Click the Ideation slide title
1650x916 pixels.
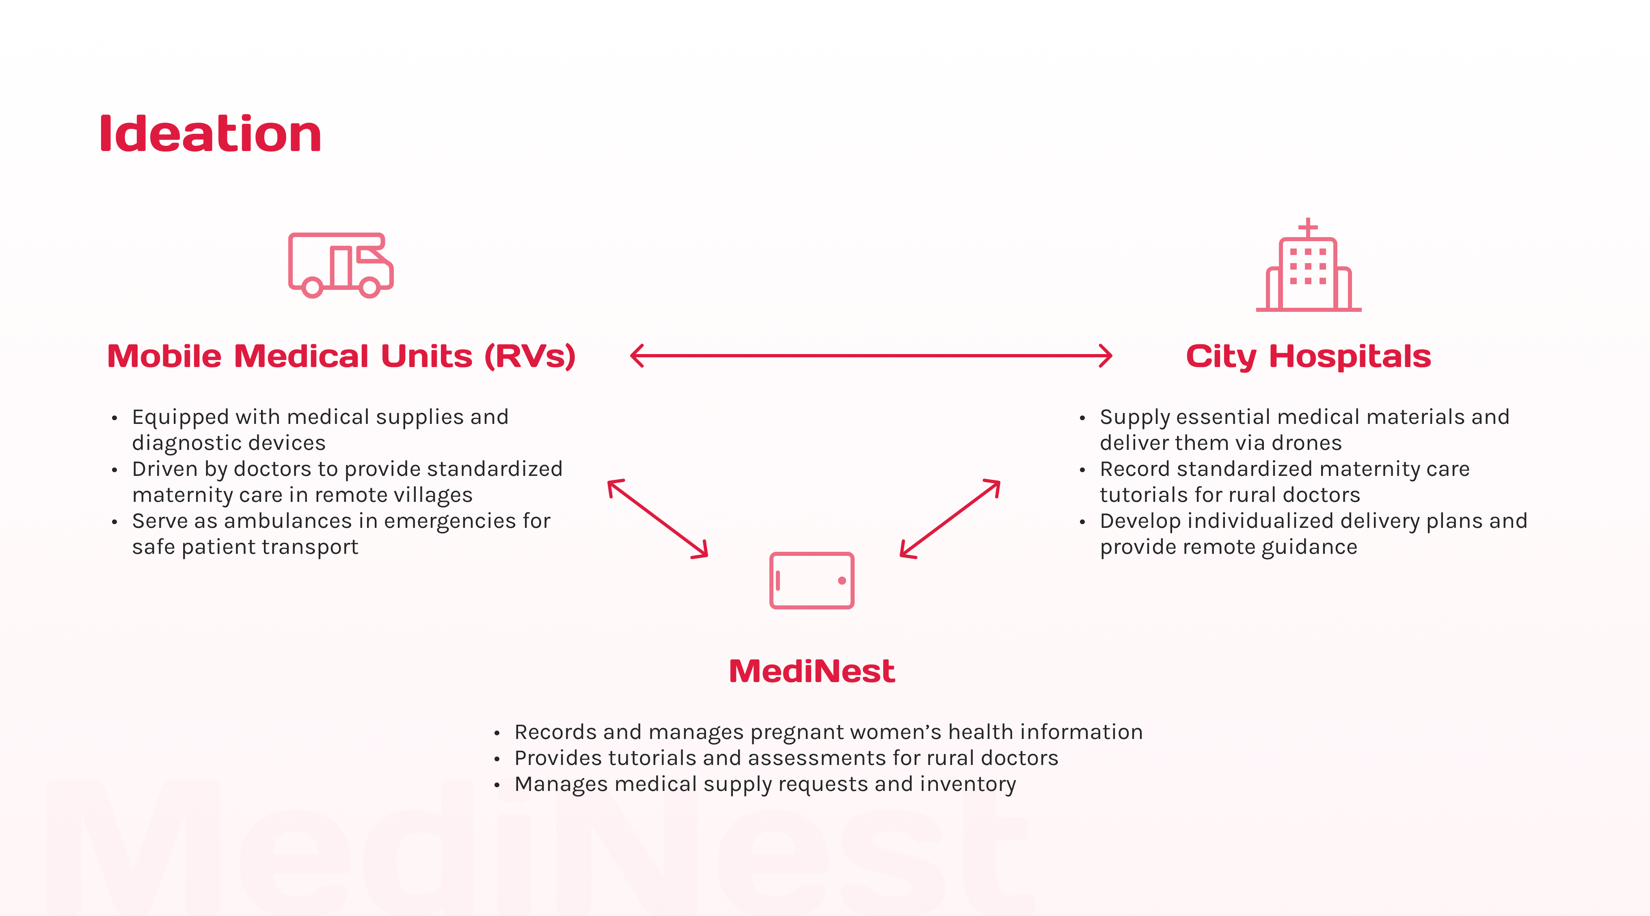pos(210,134)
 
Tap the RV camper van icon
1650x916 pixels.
pos(340,265)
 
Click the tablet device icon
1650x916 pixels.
pos(812,580)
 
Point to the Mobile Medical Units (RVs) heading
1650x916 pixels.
pos(341,356)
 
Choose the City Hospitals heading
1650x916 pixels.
pos(1308,356)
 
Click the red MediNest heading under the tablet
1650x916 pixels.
pos(812,671)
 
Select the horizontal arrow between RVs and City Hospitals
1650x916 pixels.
pos(871,356)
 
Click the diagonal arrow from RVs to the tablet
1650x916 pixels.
pos(658,519)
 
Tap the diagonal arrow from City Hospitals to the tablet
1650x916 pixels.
pos(950,519)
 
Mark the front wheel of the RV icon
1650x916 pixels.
pos(369,287)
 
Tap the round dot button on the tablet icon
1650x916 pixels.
pos(842,580)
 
